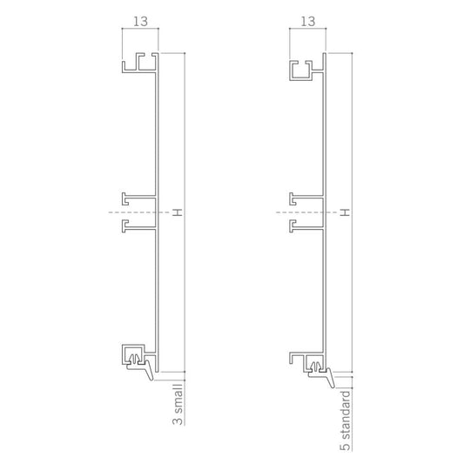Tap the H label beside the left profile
click(178, 212)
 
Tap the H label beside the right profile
click(345, 212)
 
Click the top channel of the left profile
click(139, 63)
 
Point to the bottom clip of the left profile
click(136, 354)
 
